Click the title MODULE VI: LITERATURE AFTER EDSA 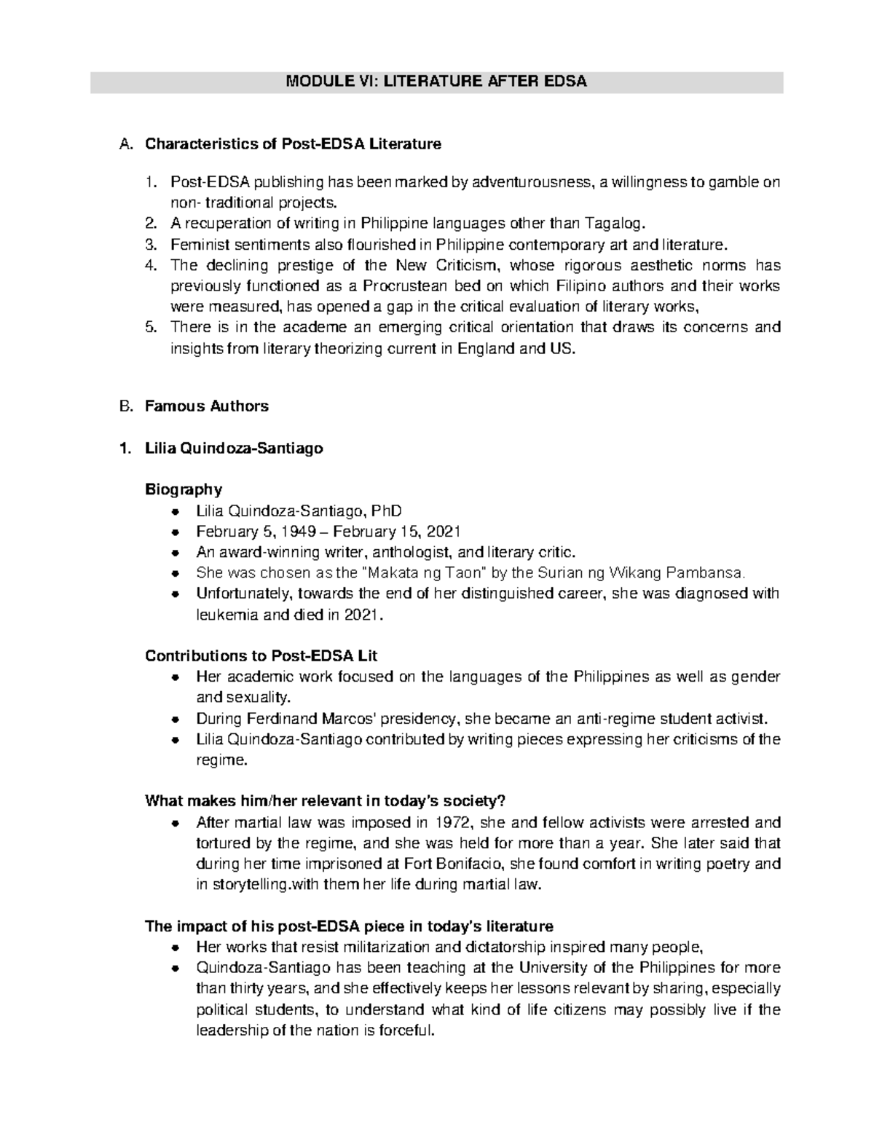(436, 82)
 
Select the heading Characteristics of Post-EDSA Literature (293, 144)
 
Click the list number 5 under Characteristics (151, 327)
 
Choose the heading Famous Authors (207, 406)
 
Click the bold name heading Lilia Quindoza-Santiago (234, 449)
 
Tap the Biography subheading (184, 489)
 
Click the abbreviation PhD (387, 511)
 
